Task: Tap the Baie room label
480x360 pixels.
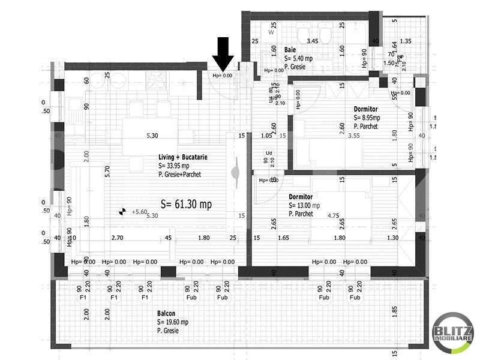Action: tap(290, 50)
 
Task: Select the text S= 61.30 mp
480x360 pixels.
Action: tap(186, 205)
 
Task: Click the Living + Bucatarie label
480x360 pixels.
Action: tap(183, 157)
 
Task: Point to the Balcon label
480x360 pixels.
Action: tap(166, 314)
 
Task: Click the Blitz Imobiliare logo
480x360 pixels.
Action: tap(454, 332)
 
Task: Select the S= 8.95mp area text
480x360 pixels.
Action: tap(367, 118)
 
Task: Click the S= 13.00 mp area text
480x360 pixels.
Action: tap(304, 205)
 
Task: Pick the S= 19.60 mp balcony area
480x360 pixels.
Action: tap(173, 322)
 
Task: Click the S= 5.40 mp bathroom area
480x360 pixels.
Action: tap(299, 59)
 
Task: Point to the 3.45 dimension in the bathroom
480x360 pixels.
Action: tap(312, 41)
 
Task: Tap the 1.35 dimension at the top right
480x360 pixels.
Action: tap(406, 41)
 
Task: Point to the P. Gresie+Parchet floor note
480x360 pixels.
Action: tap(180, 175)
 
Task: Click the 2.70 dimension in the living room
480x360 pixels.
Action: tap(117, 238)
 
